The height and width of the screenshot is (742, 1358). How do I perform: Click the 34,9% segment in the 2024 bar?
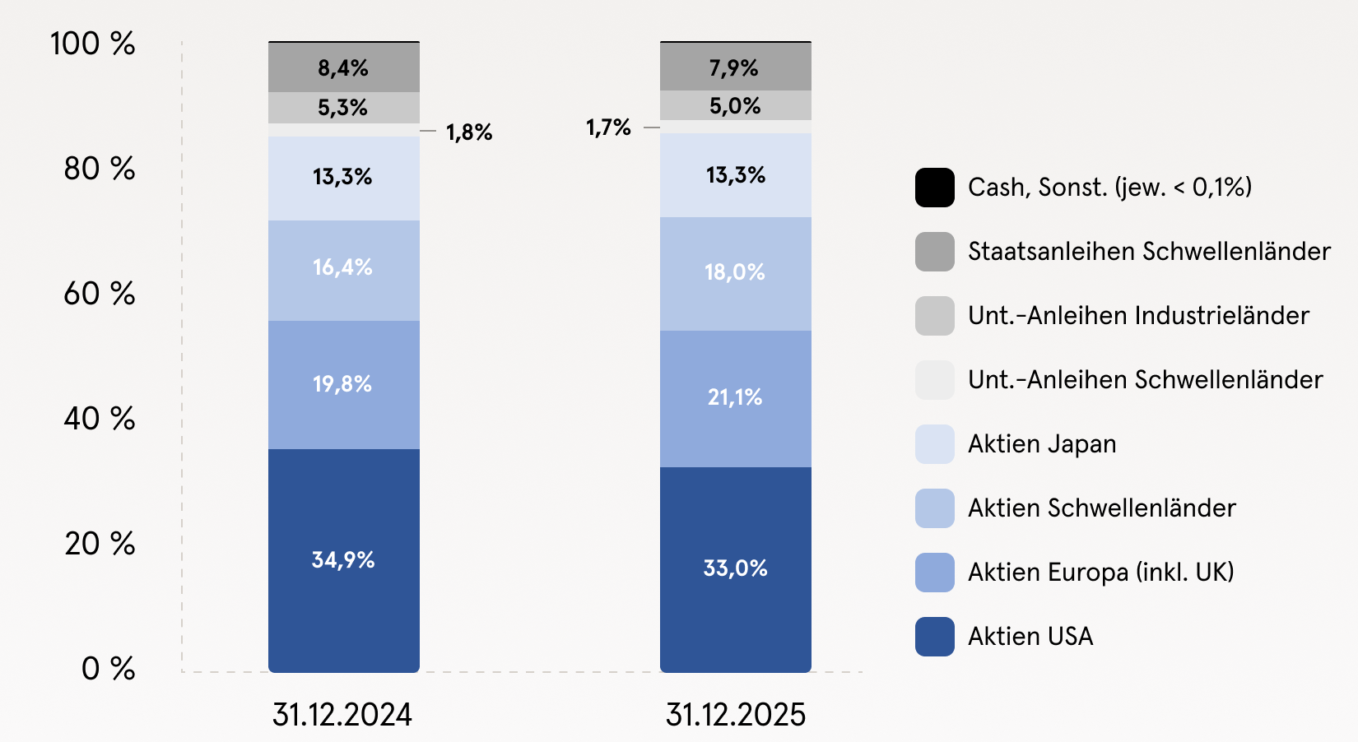(x=343, y=560)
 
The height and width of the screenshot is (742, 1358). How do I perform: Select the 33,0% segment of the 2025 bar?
(x=735, y=568)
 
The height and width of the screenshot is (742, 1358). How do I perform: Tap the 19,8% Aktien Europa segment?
(x=343, y=384)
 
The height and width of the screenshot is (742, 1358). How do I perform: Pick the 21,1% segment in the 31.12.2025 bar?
(x=735, y=398)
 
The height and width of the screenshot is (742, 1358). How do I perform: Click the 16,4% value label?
(x=342, y=267)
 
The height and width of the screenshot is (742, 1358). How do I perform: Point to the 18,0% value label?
(x=735, y=272)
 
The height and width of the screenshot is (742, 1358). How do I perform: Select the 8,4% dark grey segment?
(x=343, y=67)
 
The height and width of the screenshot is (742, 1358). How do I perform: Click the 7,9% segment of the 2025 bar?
(x=735, y=67)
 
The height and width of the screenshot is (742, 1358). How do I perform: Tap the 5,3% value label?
(x=342, y=108)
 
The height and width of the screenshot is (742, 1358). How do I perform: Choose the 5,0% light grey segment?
(x=735, y=106)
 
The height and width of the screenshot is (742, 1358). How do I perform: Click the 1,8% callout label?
(x=469, y=132)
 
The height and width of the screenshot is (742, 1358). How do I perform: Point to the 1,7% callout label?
(x=608, y=128)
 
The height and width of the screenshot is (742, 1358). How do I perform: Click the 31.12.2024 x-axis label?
(x=342, y=715)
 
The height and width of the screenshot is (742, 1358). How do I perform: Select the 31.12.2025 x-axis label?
(x=735, y=715)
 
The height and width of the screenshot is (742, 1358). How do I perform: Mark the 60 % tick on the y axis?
(x=100, y=294)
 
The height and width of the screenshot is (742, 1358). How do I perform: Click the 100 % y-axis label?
(x=93, y=44)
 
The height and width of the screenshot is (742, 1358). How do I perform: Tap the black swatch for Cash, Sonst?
(x=935, y=188)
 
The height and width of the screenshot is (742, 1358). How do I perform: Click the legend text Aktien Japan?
(x=1042, y=444)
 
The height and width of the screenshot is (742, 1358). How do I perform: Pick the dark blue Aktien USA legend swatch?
(x=935, y=637)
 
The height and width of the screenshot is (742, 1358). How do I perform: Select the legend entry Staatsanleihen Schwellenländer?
(x=1149, y=252)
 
